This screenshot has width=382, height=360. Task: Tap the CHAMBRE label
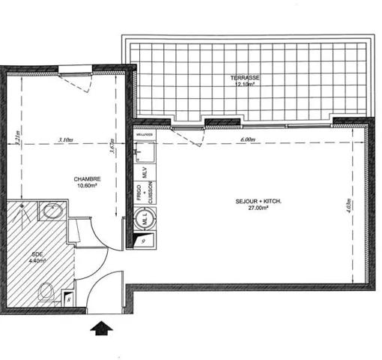click(87, 178)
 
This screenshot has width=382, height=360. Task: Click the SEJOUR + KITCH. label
click(252, 201)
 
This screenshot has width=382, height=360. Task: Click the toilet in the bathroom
click(46, 290)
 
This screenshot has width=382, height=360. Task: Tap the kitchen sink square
click(146, 151)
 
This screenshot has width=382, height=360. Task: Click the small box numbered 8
click(69, 298)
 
